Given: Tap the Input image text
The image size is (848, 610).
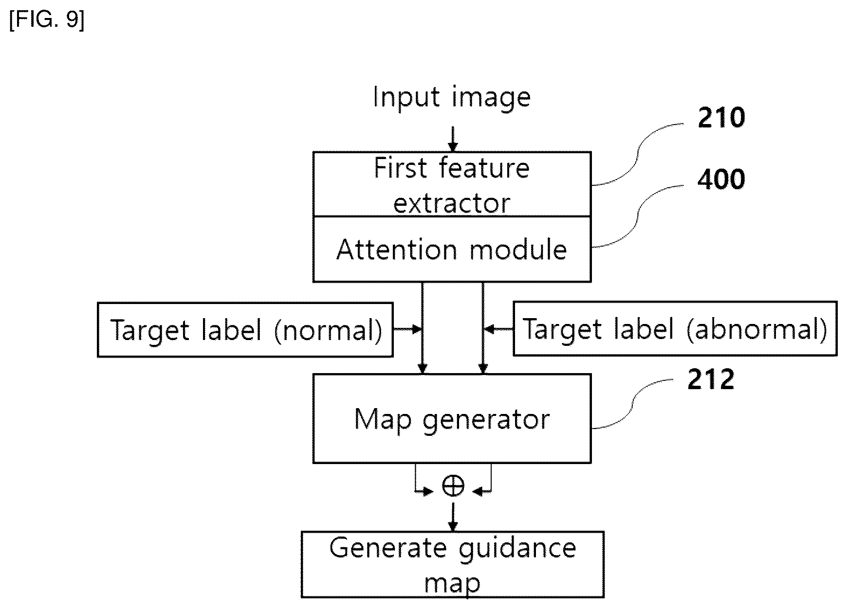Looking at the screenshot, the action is point(452,97).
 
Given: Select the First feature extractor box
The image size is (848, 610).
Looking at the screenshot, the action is point(452,184).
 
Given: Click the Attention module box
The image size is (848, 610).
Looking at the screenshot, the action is point(452,249).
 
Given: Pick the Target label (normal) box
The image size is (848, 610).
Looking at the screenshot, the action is point(245,330).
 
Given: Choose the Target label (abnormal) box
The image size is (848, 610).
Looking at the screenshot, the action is point(675,329).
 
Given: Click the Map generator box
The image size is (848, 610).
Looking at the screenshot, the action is point(452,418).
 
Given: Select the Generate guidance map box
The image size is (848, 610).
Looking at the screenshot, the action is point(453,564).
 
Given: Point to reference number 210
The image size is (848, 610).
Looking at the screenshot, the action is point(721,118).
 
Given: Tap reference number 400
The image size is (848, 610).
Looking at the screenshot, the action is point(721,179).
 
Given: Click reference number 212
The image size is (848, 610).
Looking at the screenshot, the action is point(711,379).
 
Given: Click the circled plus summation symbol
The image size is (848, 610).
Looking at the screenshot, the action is point(453,485).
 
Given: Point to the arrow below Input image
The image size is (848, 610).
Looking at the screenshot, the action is point(453,139).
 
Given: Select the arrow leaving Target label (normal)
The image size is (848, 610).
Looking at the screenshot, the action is point(407,329).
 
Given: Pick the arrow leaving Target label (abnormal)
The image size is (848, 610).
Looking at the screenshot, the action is point(498,329).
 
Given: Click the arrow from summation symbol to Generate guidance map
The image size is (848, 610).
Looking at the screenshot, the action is point(453,517).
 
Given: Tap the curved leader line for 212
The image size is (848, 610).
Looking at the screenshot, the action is point(635,404).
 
